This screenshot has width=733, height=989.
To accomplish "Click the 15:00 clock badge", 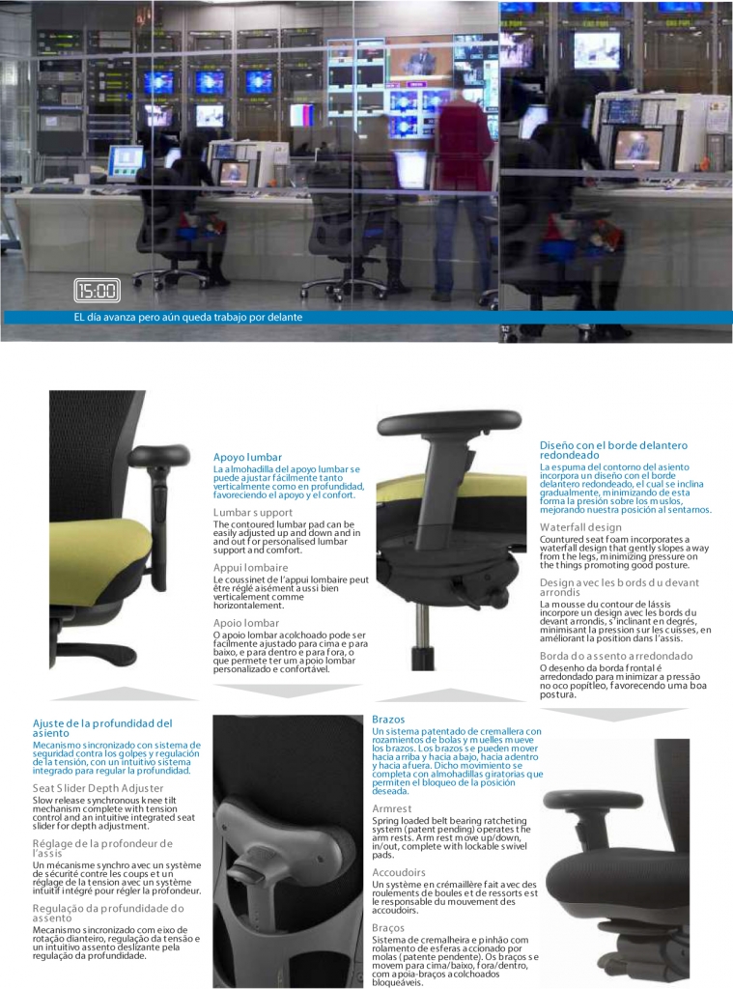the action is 97,290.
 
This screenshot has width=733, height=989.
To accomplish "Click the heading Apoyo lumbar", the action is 247,457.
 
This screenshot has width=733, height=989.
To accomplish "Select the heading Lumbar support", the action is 252,512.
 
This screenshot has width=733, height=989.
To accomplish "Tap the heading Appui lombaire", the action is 250,568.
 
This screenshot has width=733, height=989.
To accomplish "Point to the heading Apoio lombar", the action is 245,623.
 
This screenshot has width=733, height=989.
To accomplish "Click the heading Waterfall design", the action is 580,527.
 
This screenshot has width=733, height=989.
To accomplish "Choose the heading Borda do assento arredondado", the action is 616,656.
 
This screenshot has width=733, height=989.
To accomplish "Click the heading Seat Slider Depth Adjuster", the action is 98,788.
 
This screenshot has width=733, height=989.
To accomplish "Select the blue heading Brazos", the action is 388,720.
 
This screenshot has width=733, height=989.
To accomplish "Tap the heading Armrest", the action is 391,808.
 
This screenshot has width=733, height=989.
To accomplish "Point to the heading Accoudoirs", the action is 399,872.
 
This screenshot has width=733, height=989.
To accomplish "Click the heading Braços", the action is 388,928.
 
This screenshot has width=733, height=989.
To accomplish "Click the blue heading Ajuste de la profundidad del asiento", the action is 102,728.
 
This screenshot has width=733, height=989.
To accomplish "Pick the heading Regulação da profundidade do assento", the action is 108,913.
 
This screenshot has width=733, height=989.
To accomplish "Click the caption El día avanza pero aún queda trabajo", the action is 188,317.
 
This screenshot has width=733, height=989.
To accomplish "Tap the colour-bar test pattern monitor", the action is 302,115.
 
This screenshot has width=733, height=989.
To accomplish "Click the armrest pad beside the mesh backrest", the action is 159,455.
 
